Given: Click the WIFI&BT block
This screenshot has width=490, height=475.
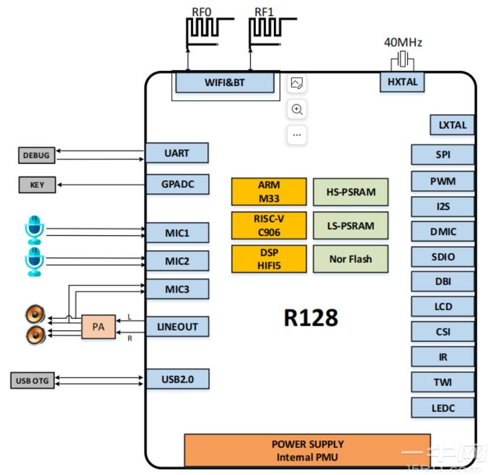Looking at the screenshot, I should (224, 82).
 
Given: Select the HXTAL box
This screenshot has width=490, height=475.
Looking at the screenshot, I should (402, 82).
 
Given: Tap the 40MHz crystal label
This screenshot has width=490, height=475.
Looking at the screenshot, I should (403, 43).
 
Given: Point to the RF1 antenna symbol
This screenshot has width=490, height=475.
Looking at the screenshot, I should (266, 29).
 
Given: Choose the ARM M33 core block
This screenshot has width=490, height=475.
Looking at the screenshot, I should (269, 191).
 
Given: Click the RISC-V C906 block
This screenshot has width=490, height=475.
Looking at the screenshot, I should (269, 225).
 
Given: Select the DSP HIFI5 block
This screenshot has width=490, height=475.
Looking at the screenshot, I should (269, 259).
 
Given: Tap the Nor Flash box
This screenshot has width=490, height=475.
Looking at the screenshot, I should (350, 259).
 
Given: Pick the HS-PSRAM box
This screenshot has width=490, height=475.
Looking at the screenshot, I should (350, 192).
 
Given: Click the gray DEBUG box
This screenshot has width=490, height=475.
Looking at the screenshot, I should (36, 155).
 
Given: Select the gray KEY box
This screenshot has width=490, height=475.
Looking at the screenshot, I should (36, 185).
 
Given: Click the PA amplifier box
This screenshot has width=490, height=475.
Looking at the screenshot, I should (98, 327).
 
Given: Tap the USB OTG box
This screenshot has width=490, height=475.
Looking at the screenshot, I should (32, 380).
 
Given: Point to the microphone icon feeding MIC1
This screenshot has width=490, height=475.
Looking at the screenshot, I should (35, 229).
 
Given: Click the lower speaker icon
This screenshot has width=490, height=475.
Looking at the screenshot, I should (35, 335).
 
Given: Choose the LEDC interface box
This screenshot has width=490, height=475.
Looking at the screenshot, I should (443, 408).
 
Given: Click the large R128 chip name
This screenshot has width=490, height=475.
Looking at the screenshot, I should (310, 318).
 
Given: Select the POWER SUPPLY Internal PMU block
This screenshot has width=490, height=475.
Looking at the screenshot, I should (307, 451).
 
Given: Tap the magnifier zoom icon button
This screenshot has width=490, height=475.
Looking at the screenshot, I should (297, 109).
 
